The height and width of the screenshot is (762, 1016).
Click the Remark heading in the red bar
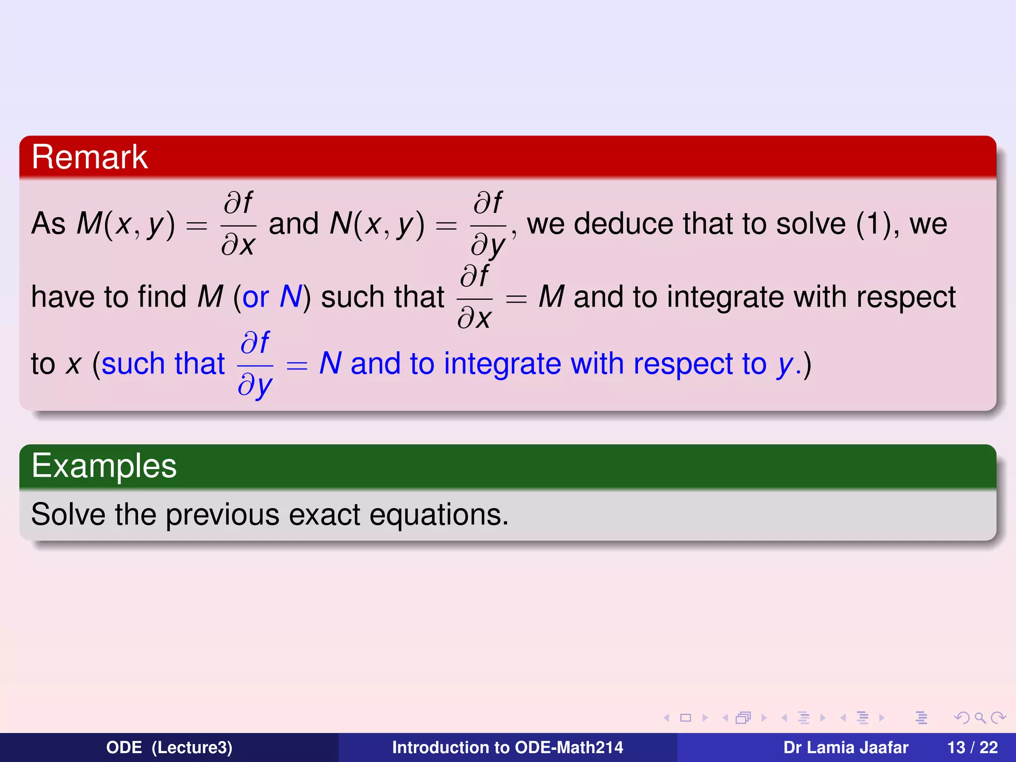(89, 157)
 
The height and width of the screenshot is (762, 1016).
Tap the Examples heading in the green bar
(104, 466)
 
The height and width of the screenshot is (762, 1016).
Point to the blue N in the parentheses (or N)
(290, 297)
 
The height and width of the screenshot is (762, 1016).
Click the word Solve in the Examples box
(68, 514)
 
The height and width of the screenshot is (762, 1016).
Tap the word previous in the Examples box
(222, 515)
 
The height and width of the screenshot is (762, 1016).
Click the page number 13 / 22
(972, 748)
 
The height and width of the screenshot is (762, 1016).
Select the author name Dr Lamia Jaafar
(845, 748)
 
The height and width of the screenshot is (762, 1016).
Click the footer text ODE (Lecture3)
(169, 748)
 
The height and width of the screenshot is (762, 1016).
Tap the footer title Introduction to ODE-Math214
(508, 748)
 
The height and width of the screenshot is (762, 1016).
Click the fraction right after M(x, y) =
(238, 224)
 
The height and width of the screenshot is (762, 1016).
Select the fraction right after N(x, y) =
(488, 224)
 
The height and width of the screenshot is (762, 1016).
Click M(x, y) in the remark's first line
(126, 224)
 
